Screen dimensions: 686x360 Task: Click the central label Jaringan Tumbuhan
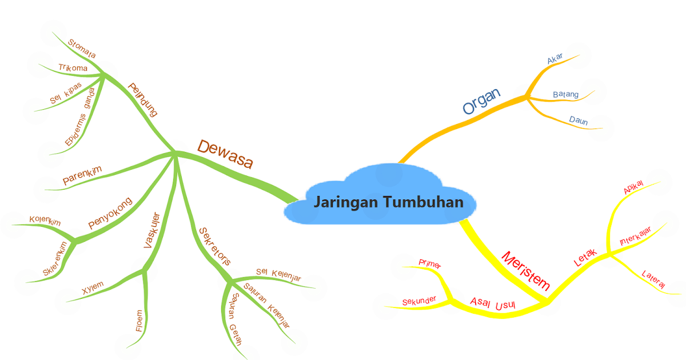[388, 203]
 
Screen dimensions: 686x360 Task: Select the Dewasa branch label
[225, 154]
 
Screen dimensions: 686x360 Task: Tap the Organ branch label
[481, 101]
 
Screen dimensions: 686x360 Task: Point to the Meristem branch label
[525, 271]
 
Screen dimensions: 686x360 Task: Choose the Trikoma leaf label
[73, 68]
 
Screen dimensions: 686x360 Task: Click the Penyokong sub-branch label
[110, 213]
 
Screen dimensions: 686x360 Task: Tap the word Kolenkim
[45, 221]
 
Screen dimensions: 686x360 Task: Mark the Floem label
[139, 321]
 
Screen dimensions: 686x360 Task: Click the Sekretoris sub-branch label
[214, 246]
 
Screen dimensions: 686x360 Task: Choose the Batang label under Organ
[566, 94]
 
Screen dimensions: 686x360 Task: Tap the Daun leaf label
[579, 121]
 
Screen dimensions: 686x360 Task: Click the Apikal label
[633, 187]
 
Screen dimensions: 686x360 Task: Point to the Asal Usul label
[493, 303]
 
